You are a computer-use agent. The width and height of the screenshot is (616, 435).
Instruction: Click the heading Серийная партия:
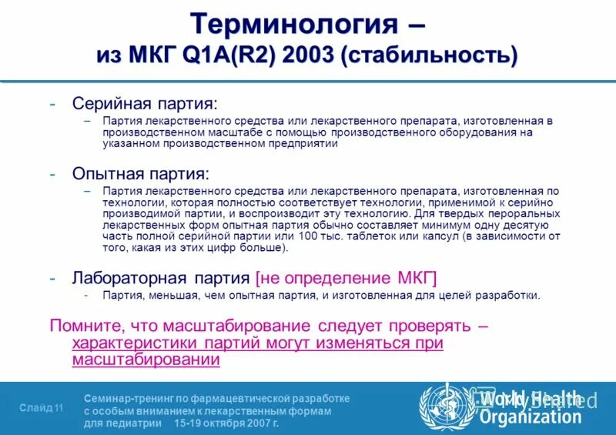145,103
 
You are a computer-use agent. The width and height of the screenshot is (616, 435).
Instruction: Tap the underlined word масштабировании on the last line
146,360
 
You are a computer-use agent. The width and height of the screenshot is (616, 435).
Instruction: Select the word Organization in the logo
531,417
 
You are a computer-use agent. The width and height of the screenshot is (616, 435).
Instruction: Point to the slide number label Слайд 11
41,408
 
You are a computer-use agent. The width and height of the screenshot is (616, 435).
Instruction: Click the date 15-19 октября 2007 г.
226,423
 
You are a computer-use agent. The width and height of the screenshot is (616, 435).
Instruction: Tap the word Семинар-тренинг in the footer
127,398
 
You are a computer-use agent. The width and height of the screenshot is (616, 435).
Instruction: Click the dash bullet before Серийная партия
52,104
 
